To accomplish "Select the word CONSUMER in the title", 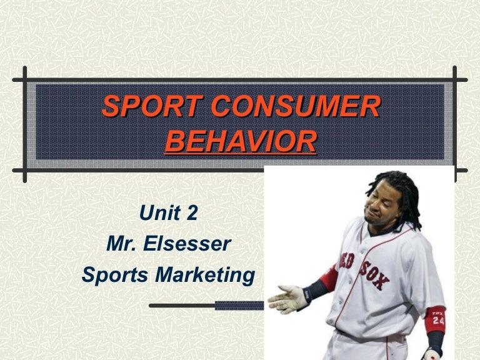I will pyautogui.click(x=296, y=107).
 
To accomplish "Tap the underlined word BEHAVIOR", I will pyautogui.click(x=241, y=141).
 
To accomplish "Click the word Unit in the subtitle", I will pyautogui.click(x=159, y=213).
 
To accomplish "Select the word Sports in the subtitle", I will pyautogui.click(x=116, y=274).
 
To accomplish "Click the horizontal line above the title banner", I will pyautogui.click(x=241, y=81).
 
